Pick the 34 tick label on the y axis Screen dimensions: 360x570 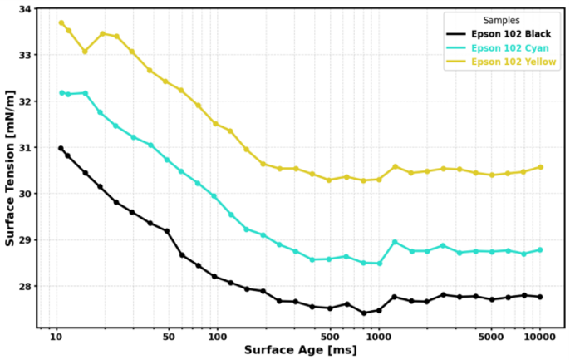pos(25,9)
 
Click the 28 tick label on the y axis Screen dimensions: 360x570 pos(25,286)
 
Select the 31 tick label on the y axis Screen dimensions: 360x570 pos(25,148)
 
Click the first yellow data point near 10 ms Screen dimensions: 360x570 pos(61,22)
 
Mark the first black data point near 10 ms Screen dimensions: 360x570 pos(61,148)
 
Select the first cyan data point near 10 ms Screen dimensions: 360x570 pos(61,93)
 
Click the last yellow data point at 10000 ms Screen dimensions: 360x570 pos(540,167)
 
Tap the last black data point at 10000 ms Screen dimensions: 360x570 pos(540,297)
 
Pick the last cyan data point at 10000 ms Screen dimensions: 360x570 pos(540,249)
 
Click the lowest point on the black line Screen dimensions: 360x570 pos(363,313)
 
